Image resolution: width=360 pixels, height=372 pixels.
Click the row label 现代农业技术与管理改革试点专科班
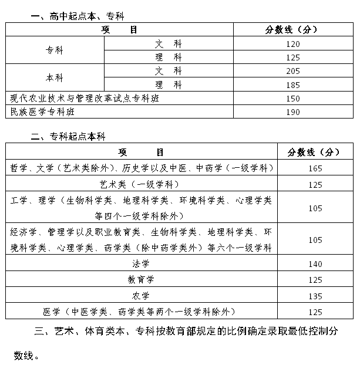(x=85, y=98)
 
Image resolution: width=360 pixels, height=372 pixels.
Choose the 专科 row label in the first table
(x=55, y=50)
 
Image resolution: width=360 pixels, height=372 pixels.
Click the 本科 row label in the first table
(x=55, y=77)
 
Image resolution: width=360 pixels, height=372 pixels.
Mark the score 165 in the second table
(x=315, y=168)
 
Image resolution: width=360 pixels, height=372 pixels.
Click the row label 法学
(x=141, y=264)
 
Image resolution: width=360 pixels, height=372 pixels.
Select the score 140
(x=315, y=264)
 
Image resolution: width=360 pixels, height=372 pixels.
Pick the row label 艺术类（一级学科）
(x=141, y=184)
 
